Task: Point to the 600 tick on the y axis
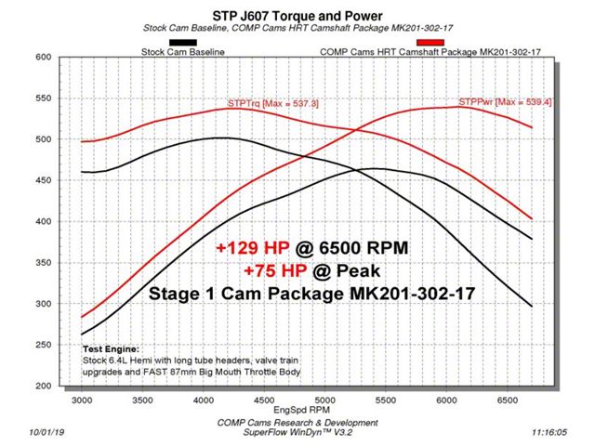(43, 58)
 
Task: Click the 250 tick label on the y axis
(43, 345)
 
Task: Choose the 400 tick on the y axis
(43, 221)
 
